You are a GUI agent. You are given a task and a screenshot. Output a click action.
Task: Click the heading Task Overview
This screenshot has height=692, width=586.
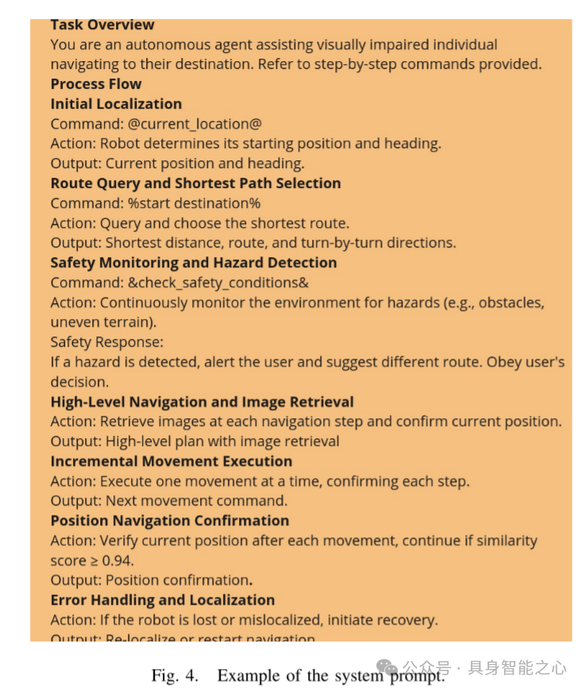[x=102, y=25]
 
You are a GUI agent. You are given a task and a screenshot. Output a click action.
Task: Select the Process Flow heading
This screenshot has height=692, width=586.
[x=96, y=84]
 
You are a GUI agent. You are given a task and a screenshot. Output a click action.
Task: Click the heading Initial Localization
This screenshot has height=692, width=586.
[x=116, y=104]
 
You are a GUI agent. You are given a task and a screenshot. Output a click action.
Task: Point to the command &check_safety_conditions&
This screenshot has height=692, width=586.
[x=214, y=283]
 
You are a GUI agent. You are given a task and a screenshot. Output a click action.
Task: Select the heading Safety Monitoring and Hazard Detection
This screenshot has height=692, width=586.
[x=193, y=263]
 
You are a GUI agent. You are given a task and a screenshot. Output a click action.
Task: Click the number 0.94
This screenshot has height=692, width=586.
[x=118, y=560]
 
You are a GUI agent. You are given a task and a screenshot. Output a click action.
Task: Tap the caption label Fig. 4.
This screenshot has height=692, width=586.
[x=175, y=675]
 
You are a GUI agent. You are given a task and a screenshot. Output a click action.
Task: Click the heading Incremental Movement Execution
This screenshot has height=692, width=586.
[x=171, y=461]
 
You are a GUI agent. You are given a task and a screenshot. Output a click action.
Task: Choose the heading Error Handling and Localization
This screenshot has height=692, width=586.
[x=162, y=600]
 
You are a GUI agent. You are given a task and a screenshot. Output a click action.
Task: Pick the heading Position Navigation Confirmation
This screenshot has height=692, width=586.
[x=169, y=521]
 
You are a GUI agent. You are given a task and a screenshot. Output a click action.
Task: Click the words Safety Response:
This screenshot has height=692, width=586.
[x=106, y=342]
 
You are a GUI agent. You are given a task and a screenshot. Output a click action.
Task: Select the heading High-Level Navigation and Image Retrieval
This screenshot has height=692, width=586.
[x=202, y=402]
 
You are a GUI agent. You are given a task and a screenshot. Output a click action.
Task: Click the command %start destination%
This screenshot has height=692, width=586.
[x=193, y=203]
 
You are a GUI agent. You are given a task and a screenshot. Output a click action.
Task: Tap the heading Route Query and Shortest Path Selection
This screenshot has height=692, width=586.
[x=195, y=183]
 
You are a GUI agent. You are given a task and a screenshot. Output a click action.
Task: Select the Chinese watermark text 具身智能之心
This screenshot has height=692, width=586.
[x=517, y=668]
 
